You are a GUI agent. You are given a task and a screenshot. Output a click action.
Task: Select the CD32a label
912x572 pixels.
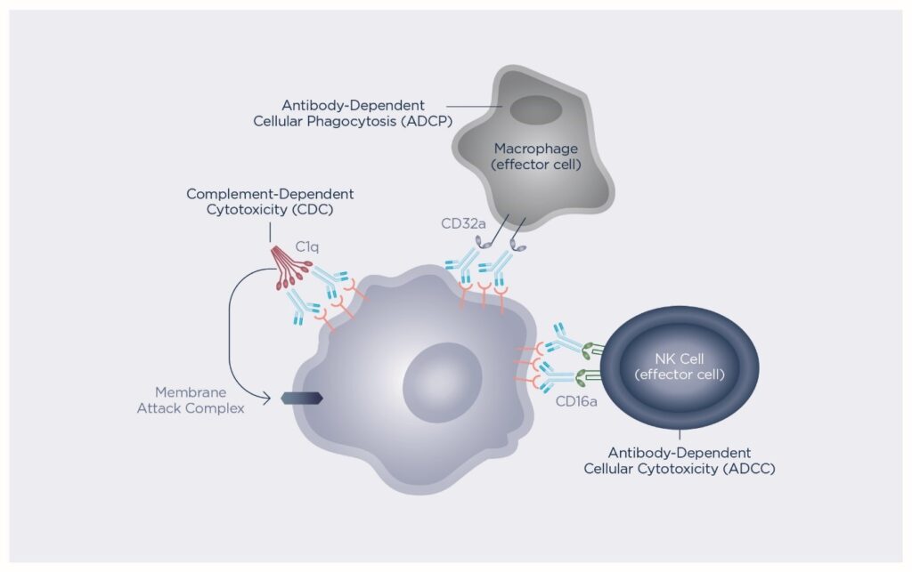(x=463, y=223)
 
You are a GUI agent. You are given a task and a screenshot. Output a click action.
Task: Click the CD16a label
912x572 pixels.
(x=575, y=401)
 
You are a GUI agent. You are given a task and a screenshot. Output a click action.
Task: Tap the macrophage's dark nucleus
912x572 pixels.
(x=535, y=110)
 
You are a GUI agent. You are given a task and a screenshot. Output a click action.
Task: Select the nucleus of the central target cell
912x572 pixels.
(x=443, y=383)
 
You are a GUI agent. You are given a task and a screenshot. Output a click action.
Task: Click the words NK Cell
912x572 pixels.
(x=680, y=359)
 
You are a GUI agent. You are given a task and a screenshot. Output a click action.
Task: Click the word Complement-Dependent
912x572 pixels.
(x=270, y=193)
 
